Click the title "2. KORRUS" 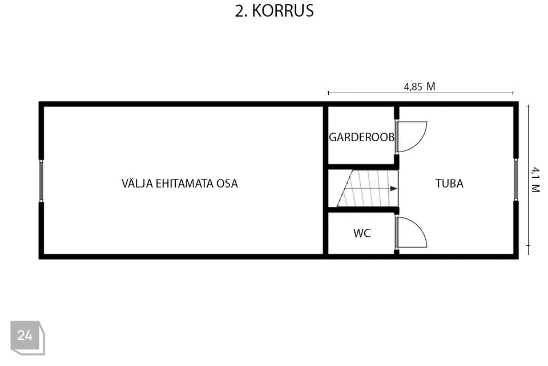click(275, 11)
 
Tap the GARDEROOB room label click(362, 137)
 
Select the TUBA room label click(449, 184)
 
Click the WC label click(362, 233)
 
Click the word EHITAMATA click(184, 184)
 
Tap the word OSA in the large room click(227, 184)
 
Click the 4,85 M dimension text click(420, 86)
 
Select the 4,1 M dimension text click(535, 180)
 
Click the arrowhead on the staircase click(394, 189)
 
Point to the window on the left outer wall click(41, 181)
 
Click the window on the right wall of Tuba click(516, 180)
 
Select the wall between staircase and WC click(364, 210)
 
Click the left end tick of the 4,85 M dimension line click(328, 93)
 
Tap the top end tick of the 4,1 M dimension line click(528, 105)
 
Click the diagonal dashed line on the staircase click(345, 188)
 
